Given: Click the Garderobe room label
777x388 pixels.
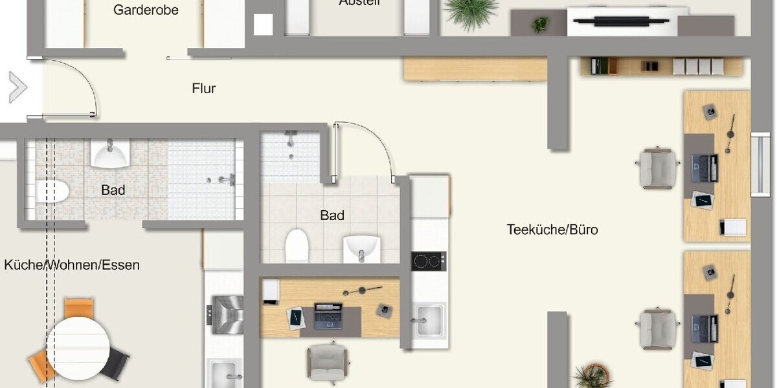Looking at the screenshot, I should click(x=146, y=10).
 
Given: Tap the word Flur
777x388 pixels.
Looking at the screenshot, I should click(x=204, y=89).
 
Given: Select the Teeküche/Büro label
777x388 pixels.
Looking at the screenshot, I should click(x=552, y=230).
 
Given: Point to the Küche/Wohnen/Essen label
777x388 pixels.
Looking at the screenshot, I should click(x=72, y=265).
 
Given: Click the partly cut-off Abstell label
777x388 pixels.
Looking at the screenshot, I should click(x=359, y=3).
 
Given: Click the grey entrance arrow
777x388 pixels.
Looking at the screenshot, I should click(x=17, y=88).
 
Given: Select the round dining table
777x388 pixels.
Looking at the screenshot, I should click(x=78, y=343).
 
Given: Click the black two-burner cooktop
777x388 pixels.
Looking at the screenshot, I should click(x=429, y=261).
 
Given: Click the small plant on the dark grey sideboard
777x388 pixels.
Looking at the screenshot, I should click(x=539, y=25).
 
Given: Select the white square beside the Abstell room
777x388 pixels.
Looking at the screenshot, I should click(x=264, y=25).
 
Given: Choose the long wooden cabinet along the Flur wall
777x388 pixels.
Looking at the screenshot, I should click(x=475, y=69).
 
